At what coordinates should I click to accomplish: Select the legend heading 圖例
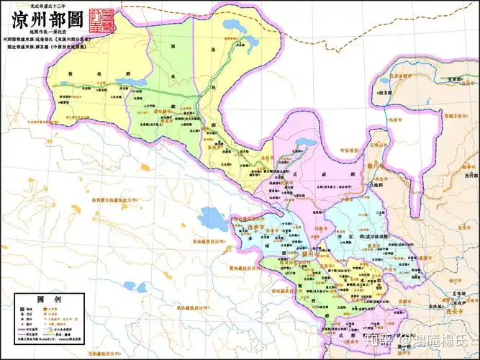[36, 299]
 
